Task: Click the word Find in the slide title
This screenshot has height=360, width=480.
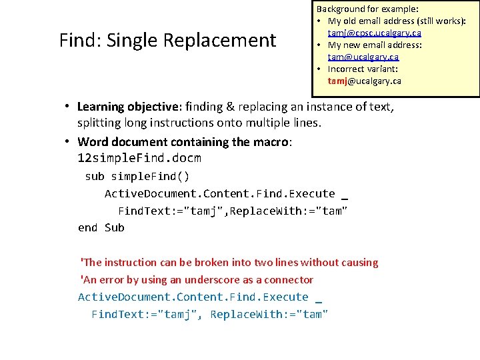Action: tap(75, 41)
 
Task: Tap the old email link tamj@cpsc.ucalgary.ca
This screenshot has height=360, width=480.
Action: tap(374, 33)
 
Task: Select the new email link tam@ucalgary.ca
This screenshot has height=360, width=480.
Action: tap(363, 57)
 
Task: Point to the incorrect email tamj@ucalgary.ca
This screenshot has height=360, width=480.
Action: tap(364, 81)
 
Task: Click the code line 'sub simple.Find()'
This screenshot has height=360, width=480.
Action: tap(137, 177)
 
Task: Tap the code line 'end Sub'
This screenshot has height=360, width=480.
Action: tap(101, 227)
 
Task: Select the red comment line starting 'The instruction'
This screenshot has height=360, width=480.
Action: tap(229, 263)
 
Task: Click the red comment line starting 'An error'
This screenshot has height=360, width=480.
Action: tap(197, 280)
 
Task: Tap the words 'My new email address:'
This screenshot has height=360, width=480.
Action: tap(375, 45)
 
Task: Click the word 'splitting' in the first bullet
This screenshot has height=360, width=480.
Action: tap(99, 123)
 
